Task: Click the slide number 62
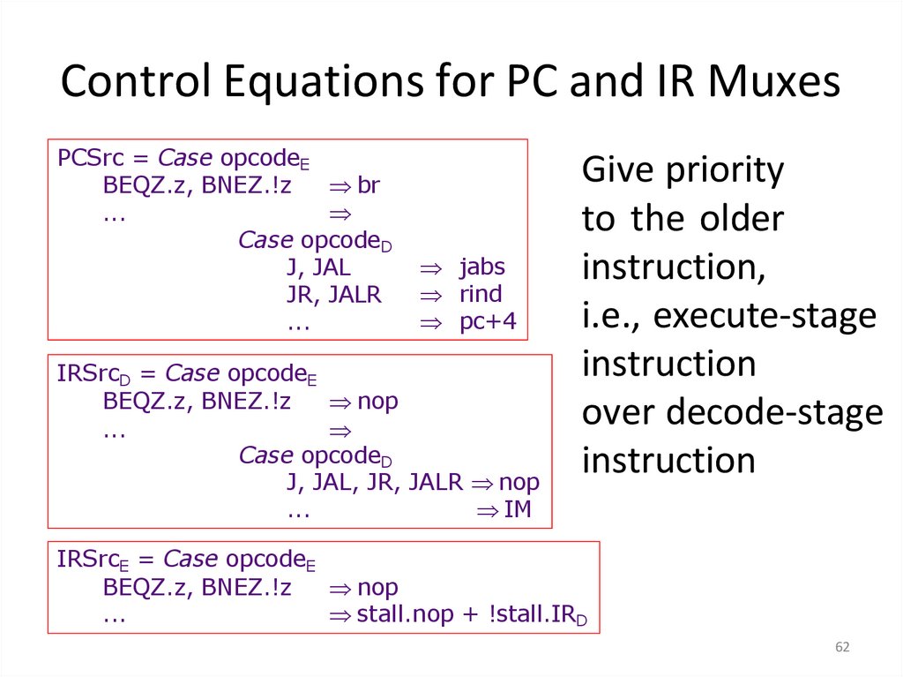coord(842,649)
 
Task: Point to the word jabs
coord(482,267)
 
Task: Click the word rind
coord(481,295)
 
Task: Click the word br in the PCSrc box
coord(369,186)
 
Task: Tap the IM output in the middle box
coord(518,509)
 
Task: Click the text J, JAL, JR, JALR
coord(374,483)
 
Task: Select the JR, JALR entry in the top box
coord(334,295)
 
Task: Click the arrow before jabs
coord(429,268)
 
